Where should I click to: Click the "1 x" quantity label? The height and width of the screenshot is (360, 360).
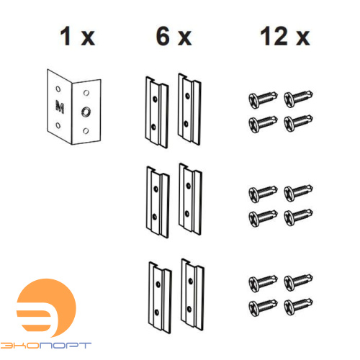point(77,36)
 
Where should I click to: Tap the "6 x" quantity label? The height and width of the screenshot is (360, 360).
point(174,36)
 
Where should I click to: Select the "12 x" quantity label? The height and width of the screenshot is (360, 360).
point(285,36)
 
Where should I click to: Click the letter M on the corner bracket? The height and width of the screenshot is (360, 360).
point(60,107)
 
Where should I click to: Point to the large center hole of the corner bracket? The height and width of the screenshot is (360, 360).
point(86,112)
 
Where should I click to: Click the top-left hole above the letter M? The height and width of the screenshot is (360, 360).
point(58,89)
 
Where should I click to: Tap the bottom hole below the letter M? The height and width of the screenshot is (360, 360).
point(58,125)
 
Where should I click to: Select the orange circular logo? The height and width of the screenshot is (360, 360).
point(46,308)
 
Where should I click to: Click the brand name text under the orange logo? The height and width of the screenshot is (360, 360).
point(45,346)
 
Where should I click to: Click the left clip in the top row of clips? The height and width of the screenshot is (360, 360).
point(157,112)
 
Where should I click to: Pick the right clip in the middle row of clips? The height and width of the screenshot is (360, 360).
point(190,199)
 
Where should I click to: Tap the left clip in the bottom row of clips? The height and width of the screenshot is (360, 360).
point(160,297)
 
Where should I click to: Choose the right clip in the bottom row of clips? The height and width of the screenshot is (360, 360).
point(192,294)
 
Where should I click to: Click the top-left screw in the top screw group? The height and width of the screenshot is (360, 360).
point(263,99)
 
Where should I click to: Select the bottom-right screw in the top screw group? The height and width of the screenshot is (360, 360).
point(298,123)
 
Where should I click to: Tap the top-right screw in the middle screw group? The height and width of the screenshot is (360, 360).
point(298,192)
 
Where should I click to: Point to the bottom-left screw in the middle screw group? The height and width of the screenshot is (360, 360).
point(263,217)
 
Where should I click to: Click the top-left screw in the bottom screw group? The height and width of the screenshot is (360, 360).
point(263,283)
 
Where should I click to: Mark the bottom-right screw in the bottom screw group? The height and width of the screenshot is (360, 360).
point(298,307)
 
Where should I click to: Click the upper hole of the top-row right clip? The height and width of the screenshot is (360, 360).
point(188,96)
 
